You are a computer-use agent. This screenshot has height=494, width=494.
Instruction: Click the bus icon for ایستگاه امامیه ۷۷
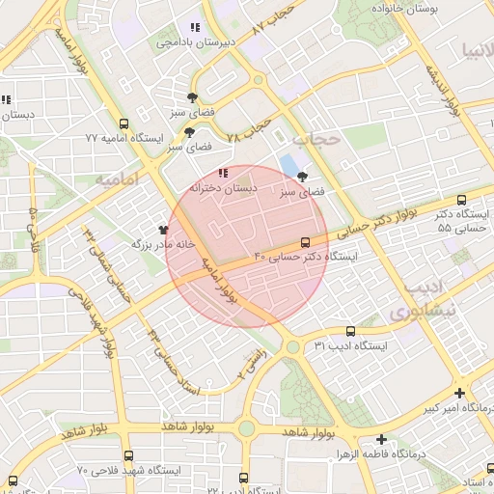click(123, 123)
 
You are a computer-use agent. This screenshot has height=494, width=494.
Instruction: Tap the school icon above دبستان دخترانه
click(223, 173)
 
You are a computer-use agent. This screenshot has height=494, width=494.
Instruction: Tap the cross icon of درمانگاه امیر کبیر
click(459, 393)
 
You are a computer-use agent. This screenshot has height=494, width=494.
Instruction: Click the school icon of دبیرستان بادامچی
click(195, 28)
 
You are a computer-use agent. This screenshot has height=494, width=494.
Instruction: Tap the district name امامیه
click(117, 180)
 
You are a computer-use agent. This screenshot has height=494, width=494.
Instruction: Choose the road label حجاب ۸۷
click(271, 19)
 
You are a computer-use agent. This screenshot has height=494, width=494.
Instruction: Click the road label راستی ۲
click(253, 369)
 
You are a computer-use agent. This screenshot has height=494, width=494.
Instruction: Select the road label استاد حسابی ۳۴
click(174, 363)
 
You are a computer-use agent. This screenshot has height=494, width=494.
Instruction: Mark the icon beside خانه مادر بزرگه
click(163, 231)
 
